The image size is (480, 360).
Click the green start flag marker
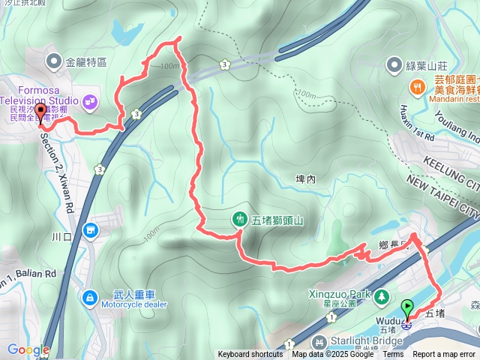(407, 307)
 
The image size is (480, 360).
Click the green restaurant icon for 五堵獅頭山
(239, 220)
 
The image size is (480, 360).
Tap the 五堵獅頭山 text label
(277, 220)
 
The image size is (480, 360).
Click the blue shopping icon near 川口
(91, 229)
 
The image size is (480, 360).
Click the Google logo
(28, 349)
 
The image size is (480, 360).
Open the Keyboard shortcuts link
(250, 355)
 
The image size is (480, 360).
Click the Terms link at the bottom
(393, 355)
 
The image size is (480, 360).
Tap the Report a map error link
(444, 355)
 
